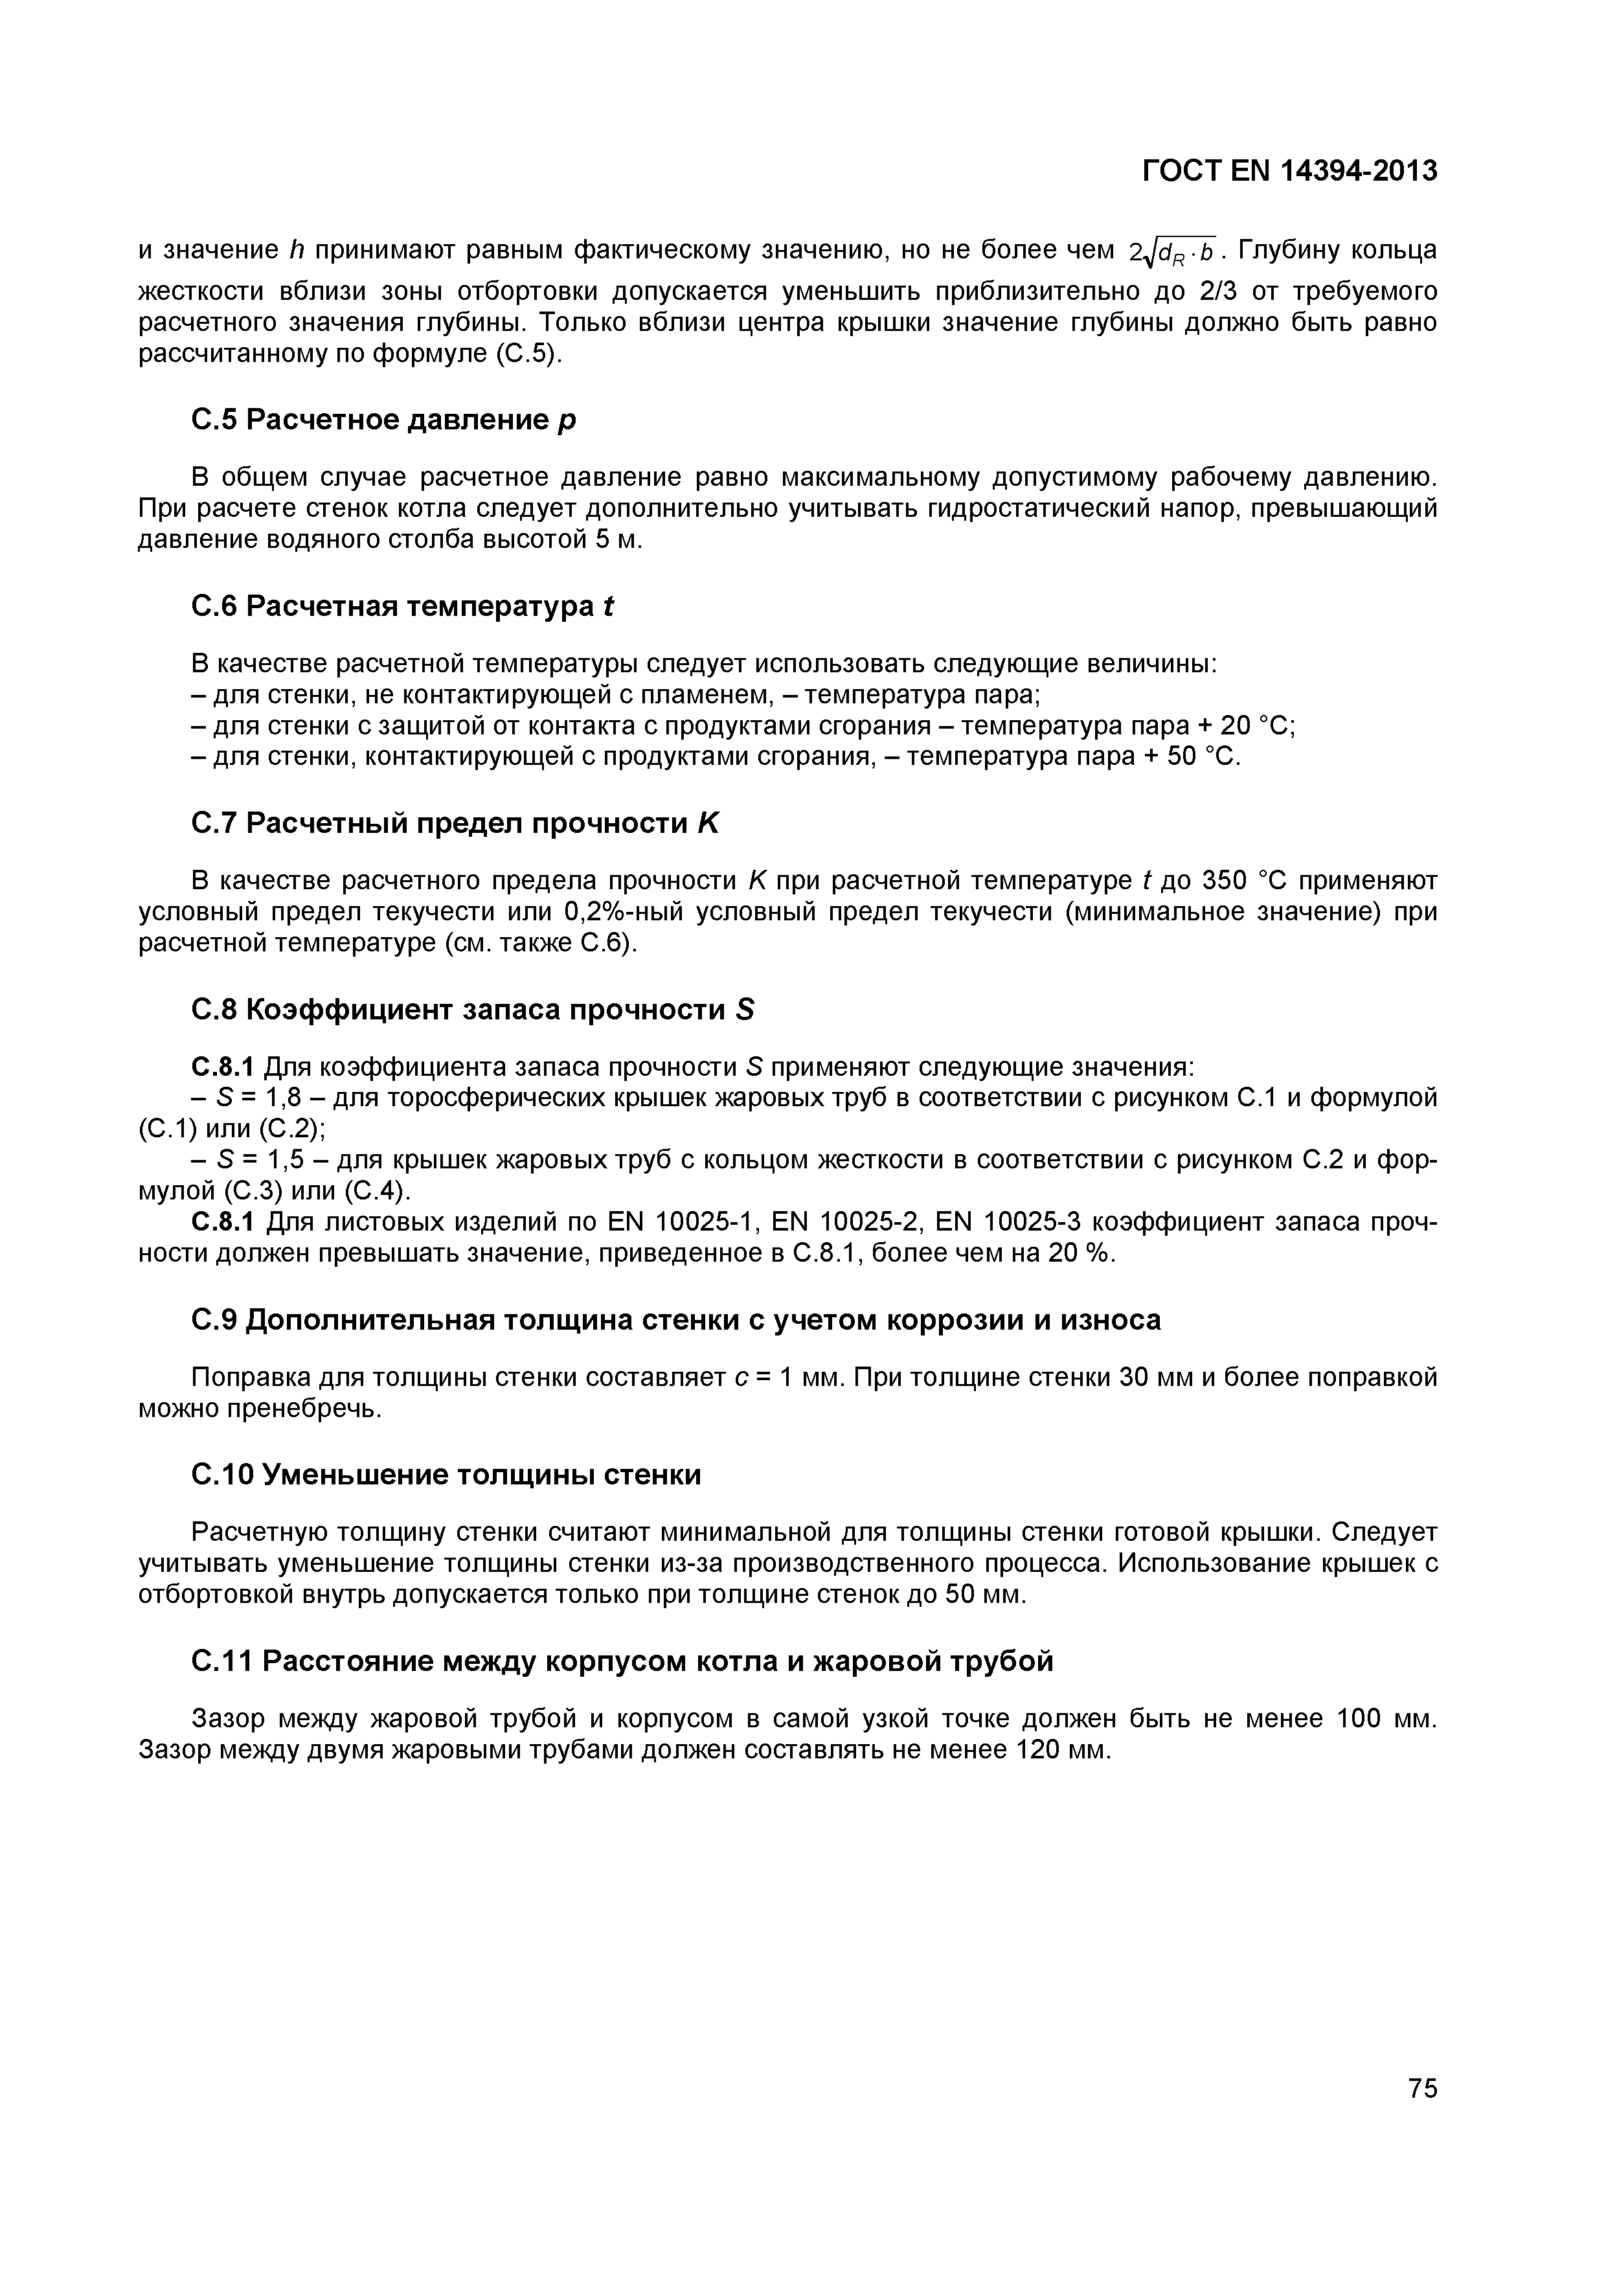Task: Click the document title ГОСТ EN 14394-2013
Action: click(1289, 171)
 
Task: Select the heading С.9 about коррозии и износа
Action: click(675, 1320)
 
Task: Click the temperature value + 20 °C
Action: click(1244, 725)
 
